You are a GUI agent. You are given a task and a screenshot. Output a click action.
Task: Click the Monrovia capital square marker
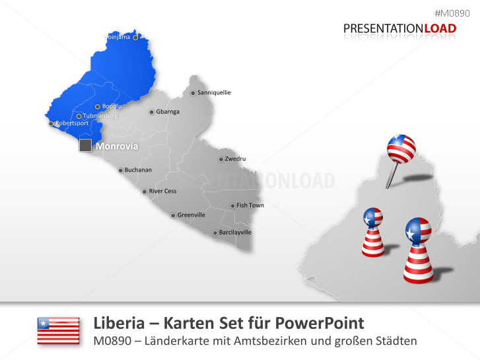(x=85, y=145)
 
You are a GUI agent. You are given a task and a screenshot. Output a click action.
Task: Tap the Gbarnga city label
(x=168, y=112)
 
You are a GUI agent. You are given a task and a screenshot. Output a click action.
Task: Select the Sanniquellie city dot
(x=193, y=93)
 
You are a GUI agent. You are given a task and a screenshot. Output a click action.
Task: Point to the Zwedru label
(x=235, y=159)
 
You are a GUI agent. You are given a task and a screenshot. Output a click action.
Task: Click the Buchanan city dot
(x=120, y=170)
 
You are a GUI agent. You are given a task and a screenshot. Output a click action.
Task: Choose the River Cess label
(x=162, y=192)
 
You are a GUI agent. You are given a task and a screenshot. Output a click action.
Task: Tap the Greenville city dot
(x=173, y=215)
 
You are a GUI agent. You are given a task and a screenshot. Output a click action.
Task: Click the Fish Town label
(x=250, y=205)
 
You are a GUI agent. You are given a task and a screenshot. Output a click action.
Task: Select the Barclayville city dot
(x=215, y=233)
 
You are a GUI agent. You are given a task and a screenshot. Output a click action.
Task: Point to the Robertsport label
(x=71, y=124)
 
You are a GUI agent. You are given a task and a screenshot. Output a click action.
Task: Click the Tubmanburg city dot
(x=79, y=116)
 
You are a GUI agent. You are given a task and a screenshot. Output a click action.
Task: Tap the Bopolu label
(x=112, y=106)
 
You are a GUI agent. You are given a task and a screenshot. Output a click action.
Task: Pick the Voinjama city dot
(x=135, y=38)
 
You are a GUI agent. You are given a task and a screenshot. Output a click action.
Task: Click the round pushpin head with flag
(x=400, y=149)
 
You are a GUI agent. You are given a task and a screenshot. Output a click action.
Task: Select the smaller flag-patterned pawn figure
(x=373, y=232)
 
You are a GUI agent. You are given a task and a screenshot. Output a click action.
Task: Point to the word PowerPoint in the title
(x=324, y=323)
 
